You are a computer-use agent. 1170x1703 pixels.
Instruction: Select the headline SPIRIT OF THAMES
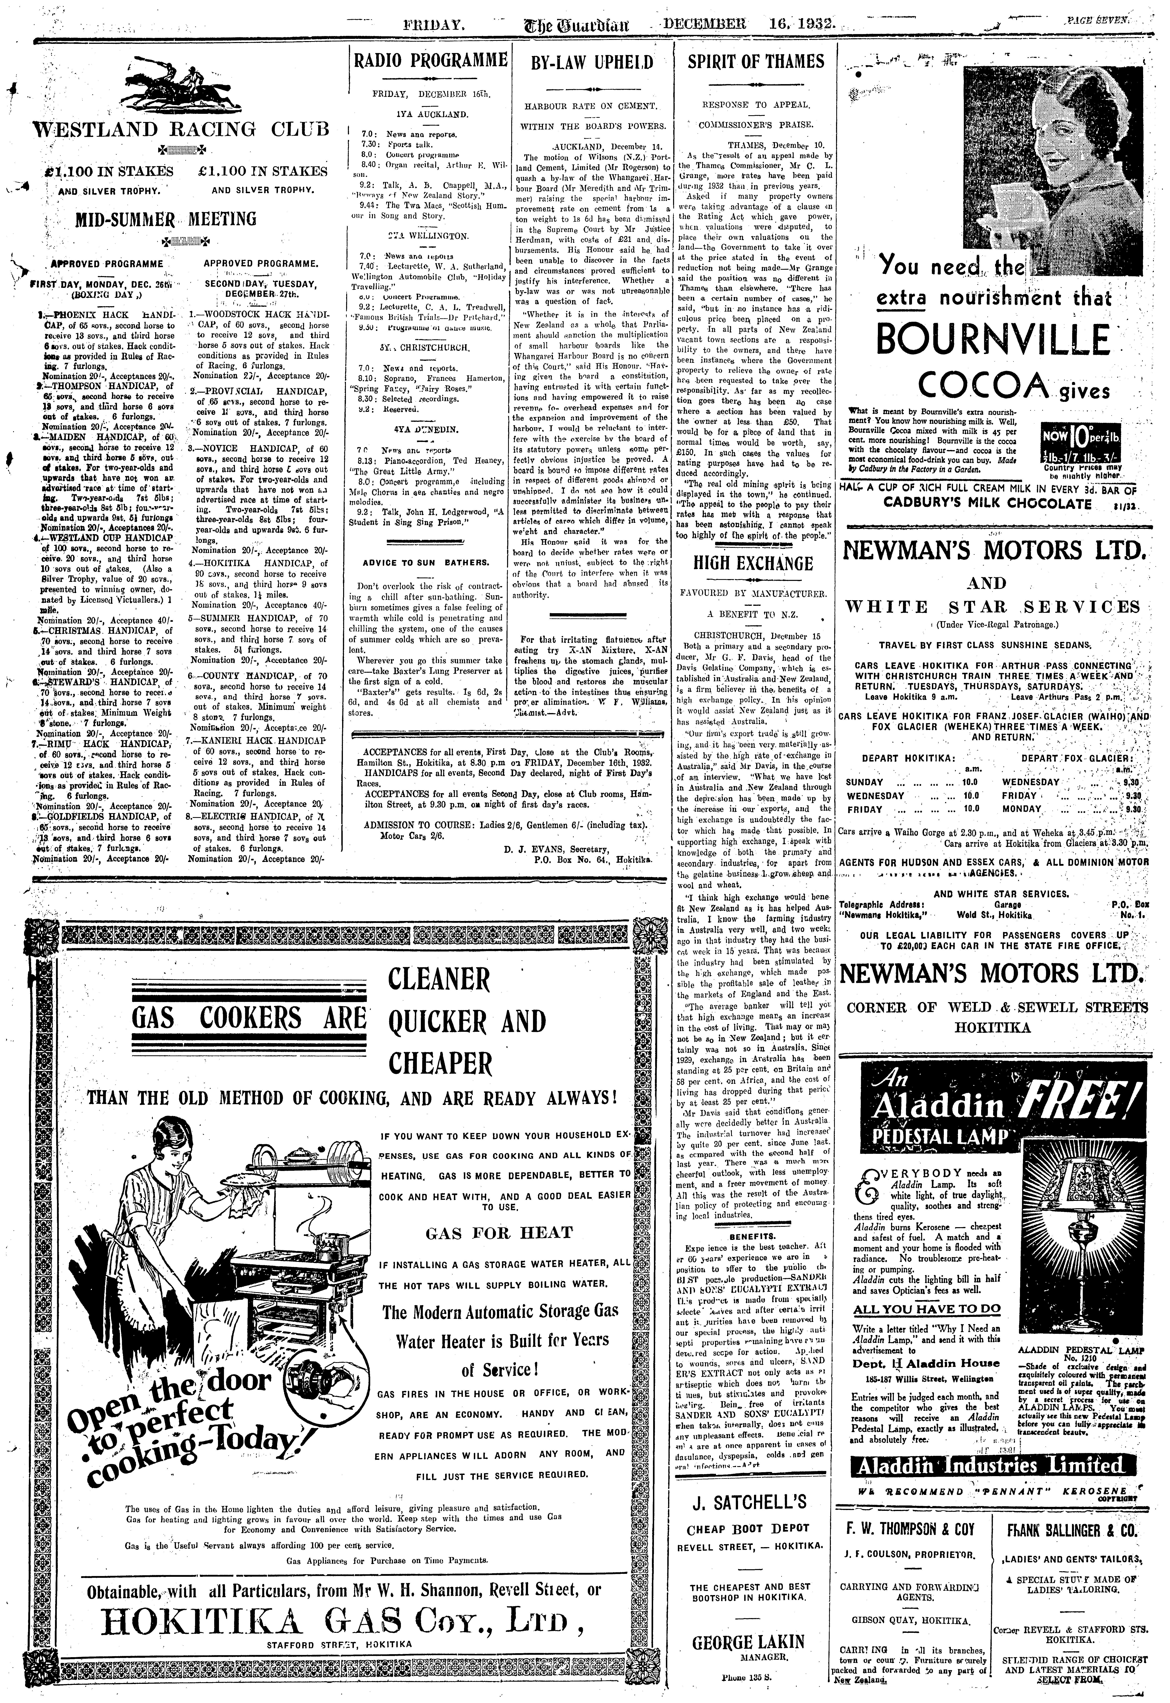(x=756, y=62)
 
